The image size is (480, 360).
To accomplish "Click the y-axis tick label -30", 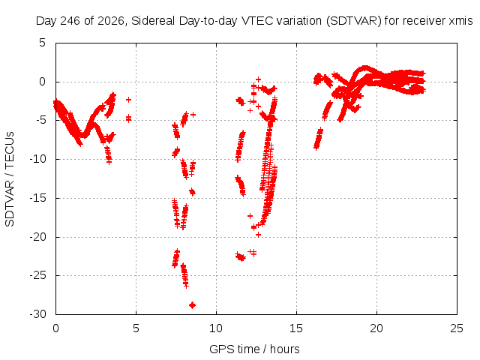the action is click(x=38, y=314).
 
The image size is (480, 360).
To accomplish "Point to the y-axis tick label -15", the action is click(x=38, y=198).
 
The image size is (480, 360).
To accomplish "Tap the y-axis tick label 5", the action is click(x=42, y=43).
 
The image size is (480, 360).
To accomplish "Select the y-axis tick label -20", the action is click(x=38, y=237).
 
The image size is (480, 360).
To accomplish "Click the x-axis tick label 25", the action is click(x=457, y=328).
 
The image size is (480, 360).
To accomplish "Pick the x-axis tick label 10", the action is click(x=216, y=328).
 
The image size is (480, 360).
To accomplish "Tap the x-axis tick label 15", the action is click(x=296, y=328).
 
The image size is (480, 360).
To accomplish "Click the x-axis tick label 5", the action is click(x=136, y=328).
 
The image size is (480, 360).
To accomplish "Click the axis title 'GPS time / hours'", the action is click(x=254, y=349).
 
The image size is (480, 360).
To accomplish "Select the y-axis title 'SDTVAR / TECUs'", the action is click(x=10, y=179).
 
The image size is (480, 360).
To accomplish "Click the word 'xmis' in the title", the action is click(x=460, y=21).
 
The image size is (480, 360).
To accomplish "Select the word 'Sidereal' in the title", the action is click(x=153, y=21).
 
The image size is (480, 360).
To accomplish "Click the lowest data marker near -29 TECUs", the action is click(x=192, y=305).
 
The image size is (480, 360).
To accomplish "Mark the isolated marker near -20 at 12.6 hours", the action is click(x=258, y=235).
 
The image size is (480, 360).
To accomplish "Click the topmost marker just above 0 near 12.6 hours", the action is click(x=258, y=79).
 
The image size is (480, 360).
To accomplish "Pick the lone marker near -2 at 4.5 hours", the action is click(x=128, y=100).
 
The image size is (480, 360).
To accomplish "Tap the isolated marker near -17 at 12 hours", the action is click(x=250, y=216).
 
